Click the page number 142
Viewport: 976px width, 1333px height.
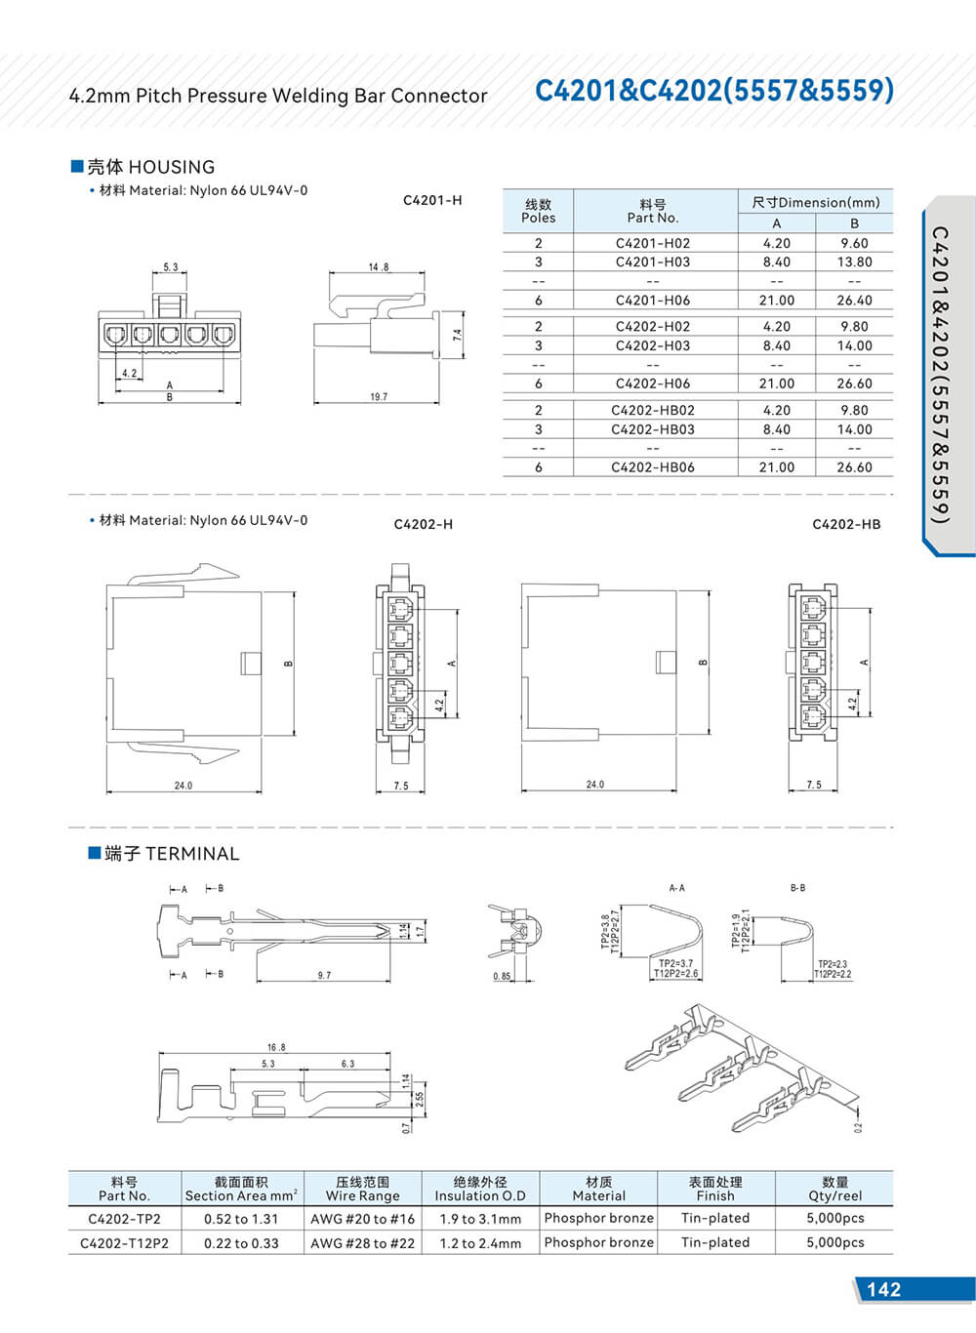pos(883,1289)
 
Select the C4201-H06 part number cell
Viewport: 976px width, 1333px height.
pos(653,301)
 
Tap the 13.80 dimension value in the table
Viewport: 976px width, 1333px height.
pos(854,263)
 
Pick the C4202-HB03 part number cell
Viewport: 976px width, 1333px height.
pos(653,429)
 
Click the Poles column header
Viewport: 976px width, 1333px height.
pos(538,211)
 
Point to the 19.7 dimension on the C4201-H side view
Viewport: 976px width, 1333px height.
pos(379,397)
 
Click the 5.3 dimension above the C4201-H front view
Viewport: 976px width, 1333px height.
pos(171,266)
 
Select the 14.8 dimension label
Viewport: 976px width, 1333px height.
pos(379,266)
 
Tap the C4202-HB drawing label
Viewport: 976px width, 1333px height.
pos(846,525)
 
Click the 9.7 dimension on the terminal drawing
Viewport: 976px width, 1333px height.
pos(324,975)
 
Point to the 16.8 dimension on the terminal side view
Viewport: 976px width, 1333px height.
pos(276,1047)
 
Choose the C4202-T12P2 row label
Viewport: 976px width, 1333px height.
pos(124,1243)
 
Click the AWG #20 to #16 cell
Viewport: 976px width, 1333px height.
pos(362,1219)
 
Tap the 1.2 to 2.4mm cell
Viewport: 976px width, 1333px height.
pos(480,1243)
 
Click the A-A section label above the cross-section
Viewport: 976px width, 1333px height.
pos(676,888)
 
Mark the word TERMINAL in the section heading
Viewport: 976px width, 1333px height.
pos(192,854)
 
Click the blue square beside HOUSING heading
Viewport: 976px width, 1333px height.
pos(78,166)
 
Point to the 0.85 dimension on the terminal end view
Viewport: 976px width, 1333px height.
pos(502,976)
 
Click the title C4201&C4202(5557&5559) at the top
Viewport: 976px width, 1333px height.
pos(714,91)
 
